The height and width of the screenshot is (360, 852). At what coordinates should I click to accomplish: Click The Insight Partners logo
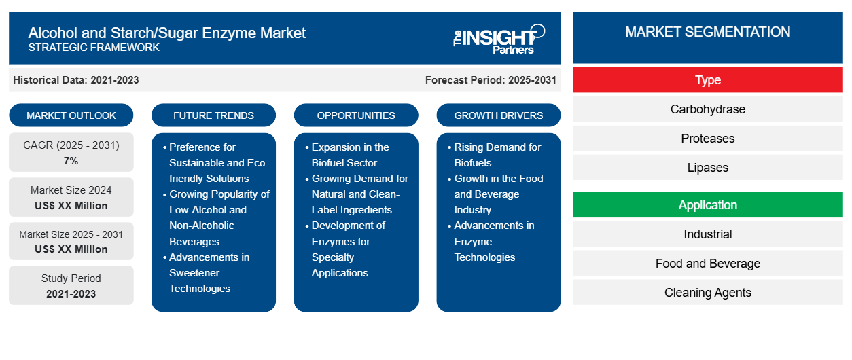(499, 38)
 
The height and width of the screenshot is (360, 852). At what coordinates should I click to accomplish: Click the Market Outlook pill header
(71, 115)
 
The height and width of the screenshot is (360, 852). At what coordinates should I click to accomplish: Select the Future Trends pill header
(213, 115)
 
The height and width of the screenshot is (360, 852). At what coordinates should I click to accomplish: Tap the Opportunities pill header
(356, 115)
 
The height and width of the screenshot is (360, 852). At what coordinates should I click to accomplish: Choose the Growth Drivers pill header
(499, 115)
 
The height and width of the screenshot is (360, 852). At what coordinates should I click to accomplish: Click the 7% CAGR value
(71, 161)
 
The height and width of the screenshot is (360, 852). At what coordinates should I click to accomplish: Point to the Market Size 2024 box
(71, 198)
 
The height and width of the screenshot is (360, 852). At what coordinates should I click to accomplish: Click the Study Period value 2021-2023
(71, 294)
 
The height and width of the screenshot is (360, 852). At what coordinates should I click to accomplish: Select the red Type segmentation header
(707, 80)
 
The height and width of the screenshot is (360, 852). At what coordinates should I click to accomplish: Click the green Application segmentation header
(707, 205)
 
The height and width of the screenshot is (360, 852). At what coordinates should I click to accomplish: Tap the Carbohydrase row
(707, 109)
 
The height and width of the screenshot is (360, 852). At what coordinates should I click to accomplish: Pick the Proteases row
(707, 139)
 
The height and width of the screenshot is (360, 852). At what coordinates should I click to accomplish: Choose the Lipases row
(707, 168)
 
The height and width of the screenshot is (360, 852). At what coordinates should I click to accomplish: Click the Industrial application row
(707, 234)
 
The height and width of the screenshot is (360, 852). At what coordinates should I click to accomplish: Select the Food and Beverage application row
(707, 264)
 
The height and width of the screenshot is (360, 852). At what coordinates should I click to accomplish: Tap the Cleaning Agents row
(707, 293)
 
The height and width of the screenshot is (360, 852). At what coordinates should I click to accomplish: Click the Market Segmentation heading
(707, 32)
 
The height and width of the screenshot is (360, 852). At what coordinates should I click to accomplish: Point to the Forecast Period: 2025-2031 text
(491, 80)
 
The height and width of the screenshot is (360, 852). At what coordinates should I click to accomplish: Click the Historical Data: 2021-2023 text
(76, 80)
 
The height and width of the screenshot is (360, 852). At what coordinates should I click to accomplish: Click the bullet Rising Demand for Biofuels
(497, 155)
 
